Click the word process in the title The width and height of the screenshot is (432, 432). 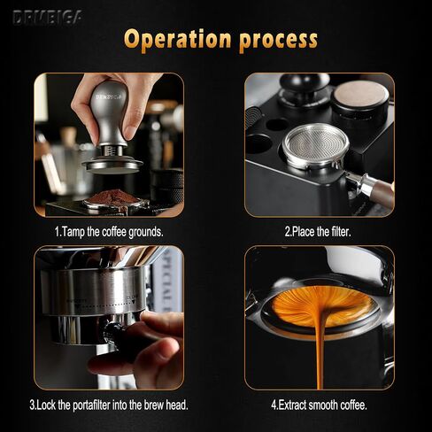point(278,42)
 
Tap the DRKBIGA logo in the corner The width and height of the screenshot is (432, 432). point(47,17)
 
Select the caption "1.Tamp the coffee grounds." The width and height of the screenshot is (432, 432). point(109,232)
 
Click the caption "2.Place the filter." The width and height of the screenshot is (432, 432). point(318,232)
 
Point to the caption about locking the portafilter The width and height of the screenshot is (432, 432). point(109,405)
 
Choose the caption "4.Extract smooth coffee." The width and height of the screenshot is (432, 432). point(319,405)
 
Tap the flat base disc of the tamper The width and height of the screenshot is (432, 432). point(112,166)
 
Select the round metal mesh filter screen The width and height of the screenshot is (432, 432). point(316,145)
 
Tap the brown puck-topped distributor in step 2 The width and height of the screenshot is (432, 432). point(360,100)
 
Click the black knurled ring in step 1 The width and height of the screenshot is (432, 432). point(167,187)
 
